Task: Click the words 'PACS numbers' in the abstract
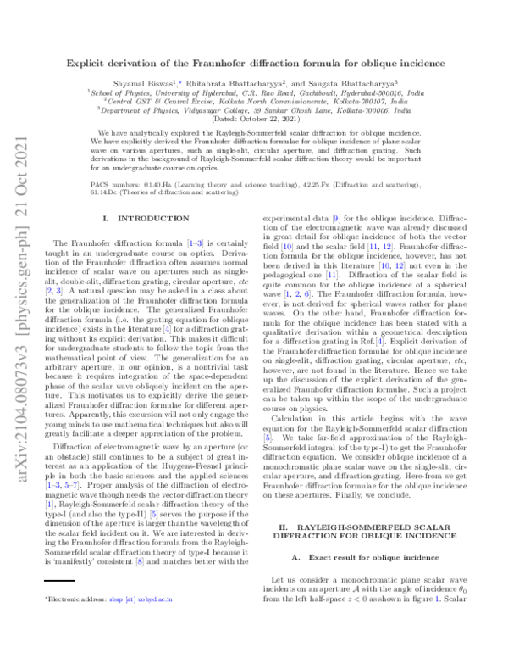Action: click(115, 182)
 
